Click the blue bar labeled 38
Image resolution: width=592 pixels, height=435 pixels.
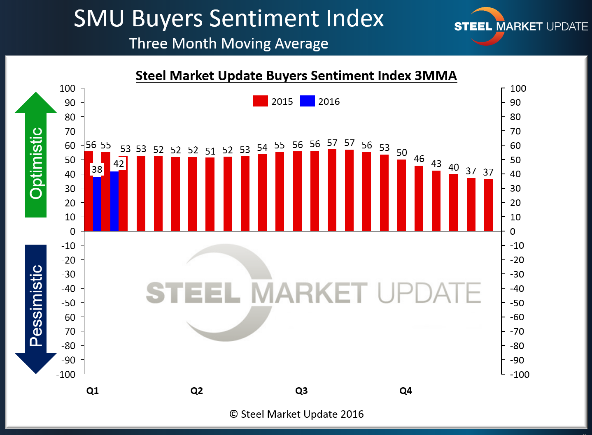(97, 204)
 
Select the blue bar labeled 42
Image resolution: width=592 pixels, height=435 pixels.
(114, 201)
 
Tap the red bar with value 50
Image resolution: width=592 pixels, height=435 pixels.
(401, 195)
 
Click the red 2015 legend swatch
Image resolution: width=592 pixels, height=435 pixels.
(260, 101)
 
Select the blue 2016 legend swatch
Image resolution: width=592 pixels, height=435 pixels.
(307, 101)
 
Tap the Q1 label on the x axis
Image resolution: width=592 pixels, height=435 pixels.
(93, 391)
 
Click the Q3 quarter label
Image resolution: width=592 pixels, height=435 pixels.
(301, 391)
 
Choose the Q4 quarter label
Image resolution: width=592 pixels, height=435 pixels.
(406, 391)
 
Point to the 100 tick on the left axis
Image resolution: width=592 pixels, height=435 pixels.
(68, 88)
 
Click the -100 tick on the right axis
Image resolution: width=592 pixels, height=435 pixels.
(520, 375)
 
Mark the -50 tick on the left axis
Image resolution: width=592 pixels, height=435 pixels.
(68, 303)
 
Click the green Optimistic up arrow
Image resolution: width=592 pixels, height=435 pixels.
(36, 156)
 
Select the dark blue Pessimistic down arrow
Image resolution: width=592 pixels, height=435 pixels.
(36, 308)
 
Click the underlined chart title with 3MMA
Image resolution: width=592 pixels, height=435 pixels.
(296, 76)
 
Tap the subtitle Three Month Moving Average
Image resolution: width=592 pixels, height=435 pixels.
(228, 44)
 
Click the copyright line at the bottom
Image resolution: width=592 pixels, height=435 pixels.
(296, 414)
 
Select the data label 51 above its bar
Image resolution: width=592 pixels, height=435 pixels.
(210, 151)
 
